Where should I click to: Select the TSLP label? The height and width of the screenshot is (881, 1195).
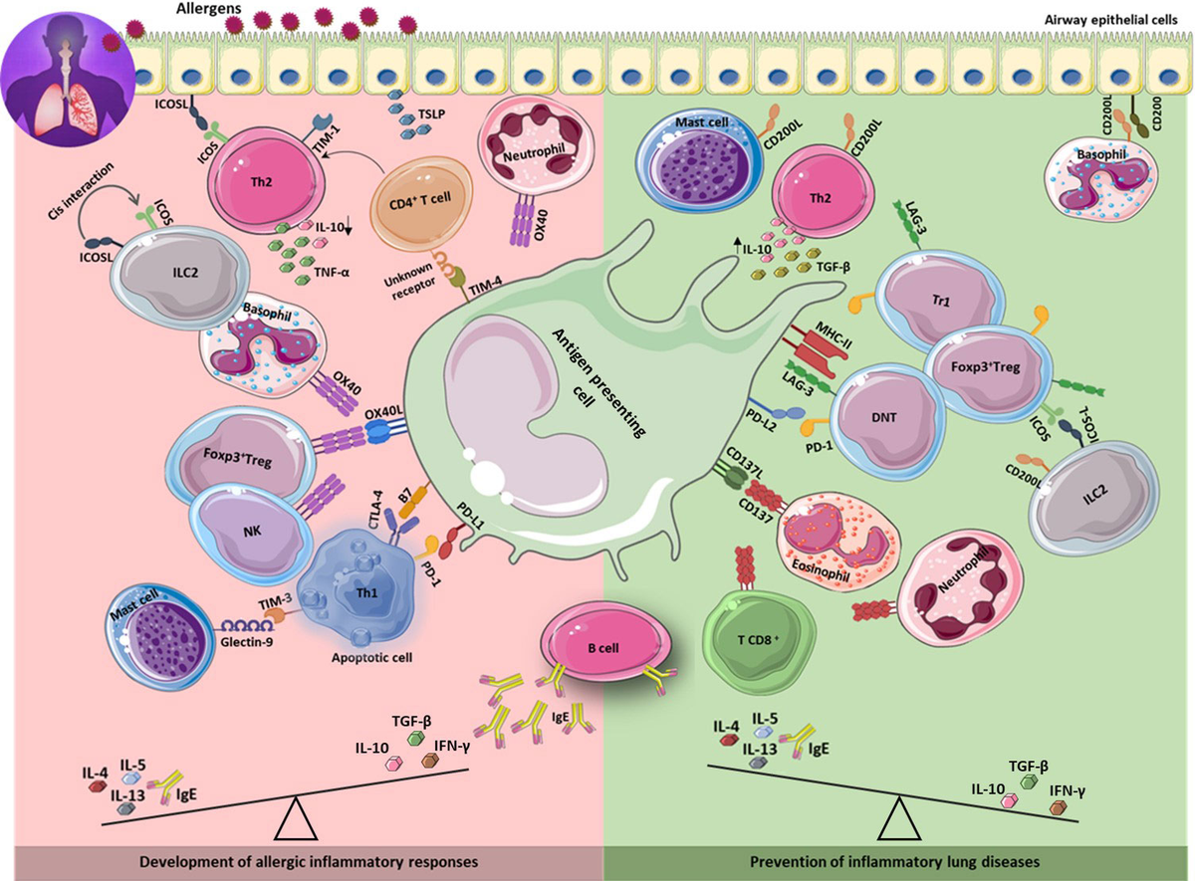(432, 114)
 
